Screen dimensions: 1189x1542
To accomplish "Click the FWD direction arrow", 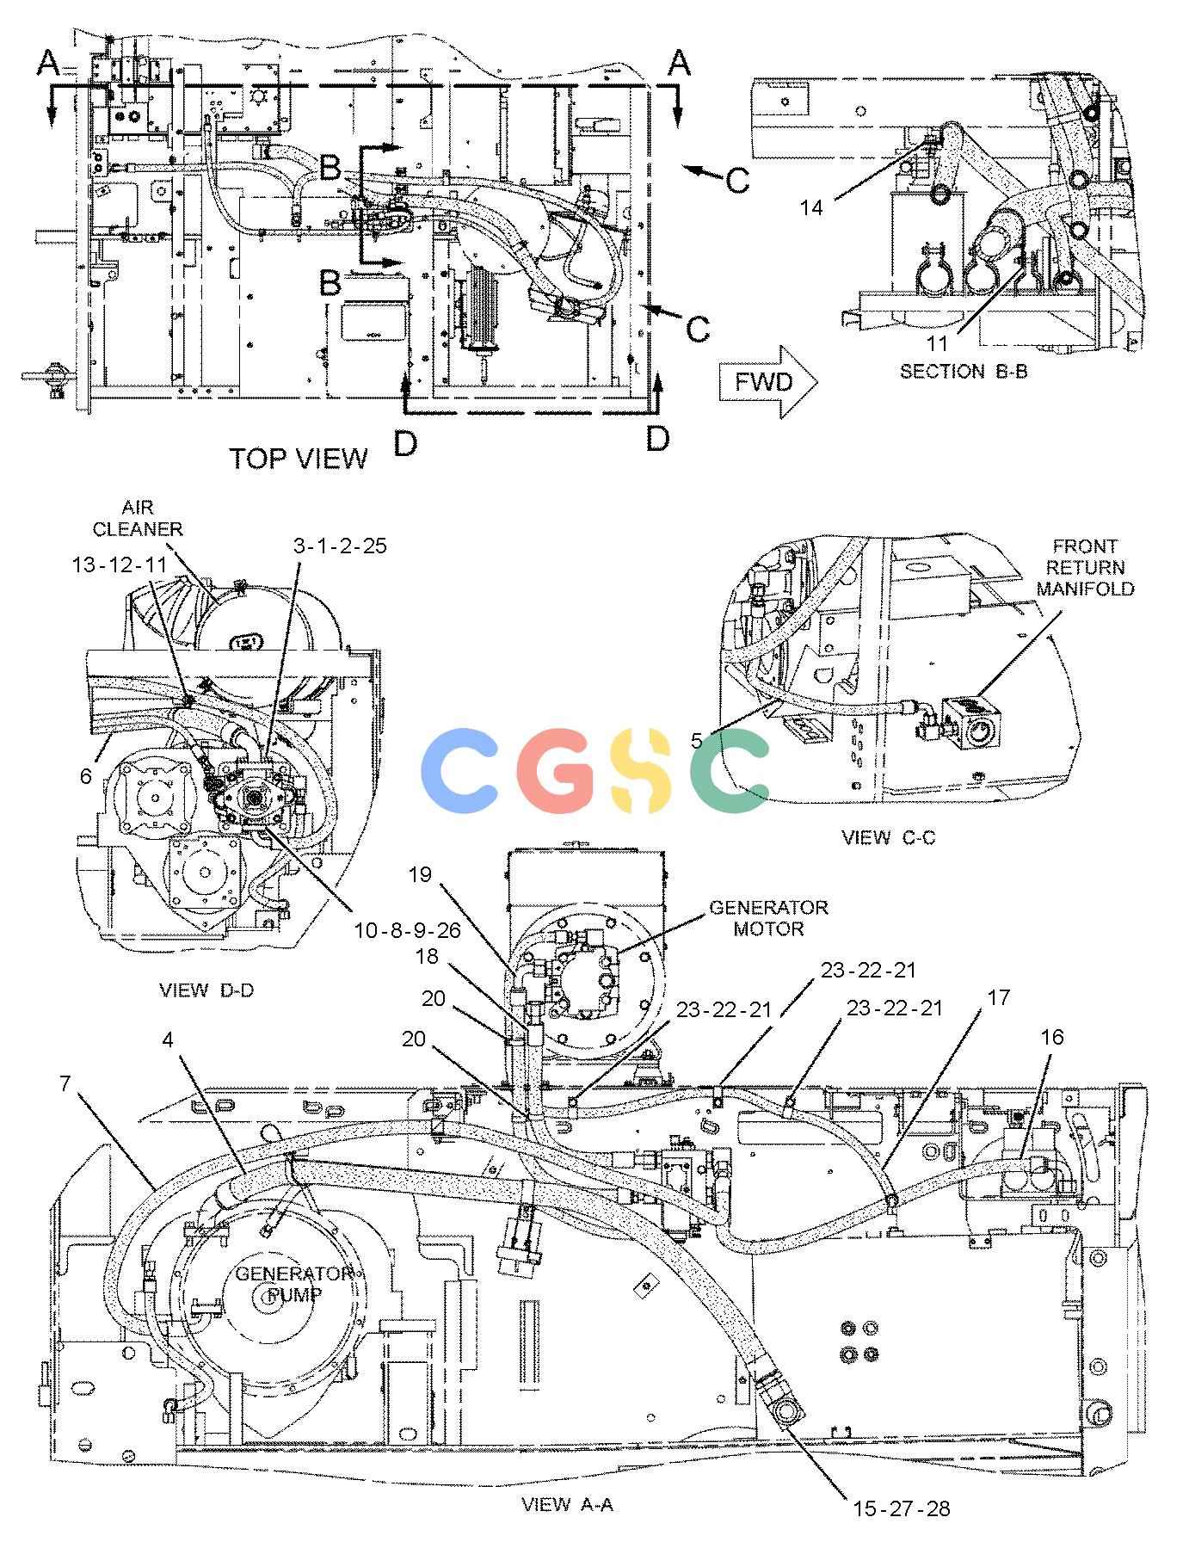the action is [x=767, y=382].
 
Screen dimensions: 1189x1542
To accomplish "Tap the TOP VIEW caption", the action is [x=298, y=459].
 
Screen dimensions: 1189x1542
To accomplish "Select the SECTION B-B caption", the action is [x=964, y=372].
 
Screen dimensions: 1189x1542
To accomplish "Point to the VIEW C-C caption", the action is [x=889, y=837].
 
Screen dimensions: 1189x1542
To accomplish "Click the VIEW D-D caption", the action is [x=206, y=990].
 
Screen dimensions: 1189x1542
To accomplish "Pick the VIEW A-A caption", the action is [x=567, y=1504].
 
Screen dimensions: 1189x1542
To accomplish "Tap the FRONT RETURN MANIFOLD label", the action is [x=1085, y=567].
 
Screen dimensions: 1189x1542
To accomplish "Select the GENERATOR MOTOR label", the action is [x=768, y=918].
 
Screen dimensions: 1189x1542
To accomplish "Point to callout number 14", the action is [x=811, y=207].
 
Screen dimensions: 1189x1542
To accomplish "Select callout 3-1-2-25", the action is [x=340, y=546].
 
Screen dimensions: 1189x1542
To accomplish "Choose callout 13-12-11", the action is [x=120, y=564].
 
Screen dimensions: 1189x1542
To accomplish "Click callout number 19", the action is [x=419, y=875].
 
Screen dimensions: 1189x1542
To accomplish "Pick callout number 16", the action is [x=1051, y=1038].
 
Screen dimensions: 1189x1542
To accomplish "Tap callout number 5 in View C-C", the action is [x=697, y=740].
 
